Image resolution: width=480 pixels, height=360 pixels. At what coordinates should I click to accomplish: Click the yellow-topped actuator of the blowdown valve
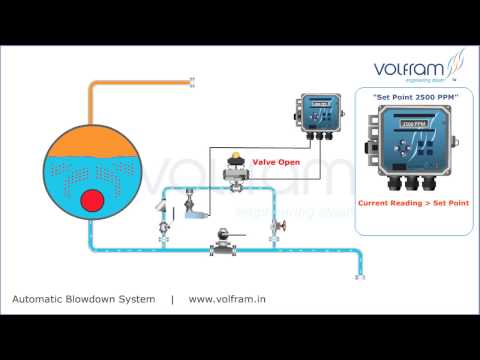(x=237, y=157)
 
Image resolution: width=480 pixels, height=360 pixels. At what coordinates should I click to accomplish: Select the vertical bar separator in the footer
(x=172, y=299)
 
